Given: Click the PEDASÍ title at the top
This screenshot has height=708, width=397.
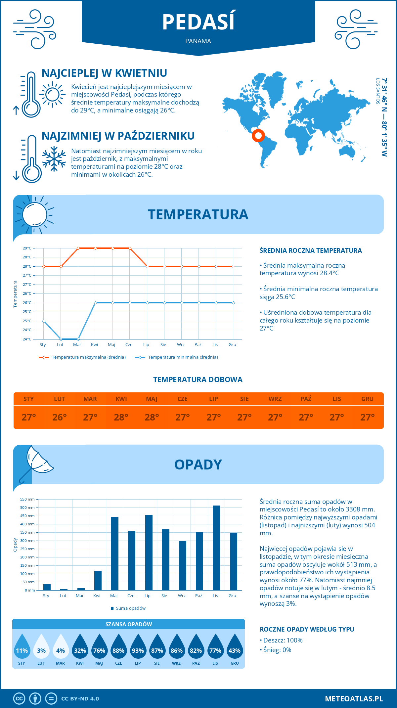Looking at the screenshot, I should [198, 22].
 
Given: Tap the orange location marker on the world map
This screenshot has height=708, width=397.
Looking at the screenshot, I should [258, 135].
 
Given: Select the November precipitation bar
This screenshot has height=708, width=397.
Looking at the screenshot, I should [216, 548].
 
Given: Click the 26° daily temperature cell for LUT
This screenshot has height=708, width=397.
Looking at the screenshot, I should [60, 417].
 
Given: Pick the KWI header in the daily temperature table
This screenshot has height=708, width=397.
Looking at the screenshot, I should [121, 399].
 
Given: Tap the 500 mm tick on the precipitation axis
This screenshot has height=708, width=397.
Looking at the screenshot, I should [28, 508].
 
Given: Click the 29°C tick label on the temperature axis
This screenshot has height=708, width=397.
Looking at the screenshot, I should [27, 248].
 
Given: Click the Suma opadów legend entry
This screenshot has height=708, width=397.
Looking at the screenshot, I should [130, 608].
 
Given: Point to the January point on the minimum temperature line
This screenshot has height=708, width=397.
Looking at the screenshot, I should [44, 321].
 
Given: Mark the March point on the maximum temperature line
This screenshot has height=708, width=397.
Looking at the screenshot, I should [78, 248].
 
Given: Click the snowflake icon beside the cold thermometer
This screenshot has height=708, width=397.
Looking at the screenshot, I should [54, 159].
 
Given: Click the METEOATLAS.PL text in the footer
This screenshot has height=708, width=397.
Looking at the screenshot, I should [354, 698].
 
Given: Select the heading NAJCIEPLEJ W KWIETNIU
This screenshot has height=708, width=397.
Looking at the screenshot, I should [104, 73].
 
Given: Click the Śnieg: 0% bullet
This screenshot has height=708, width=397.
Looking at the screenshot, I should [276, 650].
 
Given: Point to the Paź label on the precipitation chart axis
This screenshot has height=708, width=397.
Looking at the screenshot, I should [198, 596].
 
